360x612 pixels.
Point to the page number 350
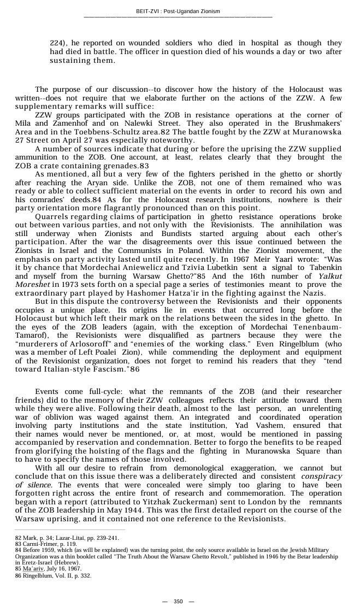click(x=178, y=602)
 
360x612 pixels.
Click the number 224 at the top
click(x=57, y=43)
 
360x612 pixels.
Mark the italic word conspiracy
click(x=321, y=476)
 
